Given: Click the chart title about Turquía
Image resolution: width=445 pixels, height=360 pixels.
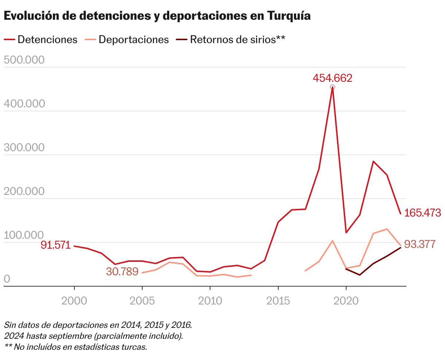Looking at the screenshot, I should tap(157, 16).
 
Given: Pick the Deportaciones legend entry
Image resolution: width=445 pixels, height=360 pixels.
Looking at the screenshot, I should tap(127, 39).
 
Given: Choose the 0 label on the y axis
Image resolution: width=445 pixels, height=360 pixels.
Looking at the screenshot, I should tap(7, 279).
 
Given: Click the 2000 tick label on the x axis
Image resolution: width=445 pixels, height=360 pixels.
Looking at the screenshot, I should tap(74, 301).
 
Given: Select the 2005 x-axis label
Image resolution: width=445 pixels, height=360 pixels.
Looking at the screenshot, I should tap(142, 301).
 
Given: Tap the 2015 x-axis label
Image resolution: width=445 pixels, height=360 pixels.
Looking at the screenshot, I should tap(278, 301).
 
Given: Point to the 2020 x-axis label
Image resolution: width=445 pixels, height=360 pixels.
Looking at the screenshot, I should tap(346, 301).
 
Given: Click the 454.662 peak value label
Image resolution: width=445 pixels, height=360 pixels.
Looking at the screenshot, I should tap(332, 78).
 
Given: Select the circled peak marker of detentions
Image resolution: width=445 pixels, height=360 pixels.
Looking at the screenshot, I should tap(332, 87).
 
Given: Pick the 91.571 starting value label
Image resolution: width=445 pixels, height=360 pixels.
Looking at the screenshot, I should tap(55, 245).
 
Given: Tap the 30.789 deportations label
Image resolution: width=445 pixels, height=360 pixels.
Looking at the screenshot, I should tap(122, 271).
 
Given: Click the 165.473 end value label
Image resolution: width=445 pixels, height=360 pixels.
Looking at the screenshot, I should tap(423, 213).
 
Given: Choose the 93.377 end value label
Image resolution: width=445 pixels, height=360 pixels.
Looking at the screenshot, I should tap(420, 244).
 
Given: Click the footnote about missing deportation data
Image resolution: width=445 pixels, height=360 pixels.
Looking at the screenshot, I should tap(98, 325).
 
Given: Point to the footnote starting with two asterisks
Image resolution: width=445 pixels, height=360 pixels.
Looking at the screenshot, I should tap(76, 347).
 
